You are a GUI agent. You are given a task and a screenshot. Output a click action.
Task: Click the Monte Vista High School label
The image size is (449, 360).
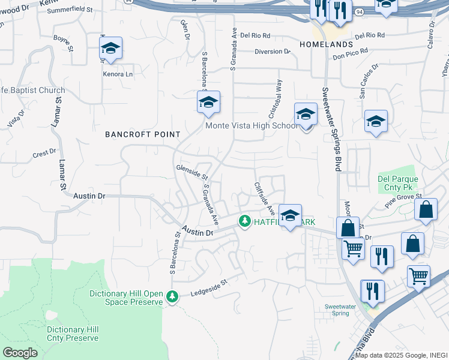tap(252, 125)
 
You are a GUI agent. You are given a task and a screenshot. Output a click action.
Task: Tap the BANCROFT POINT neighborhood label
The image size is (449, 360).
tap(143, 134)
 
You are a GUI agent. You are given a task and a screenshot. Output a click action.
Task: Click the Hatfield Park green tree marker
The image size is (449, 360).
tap(245, 221)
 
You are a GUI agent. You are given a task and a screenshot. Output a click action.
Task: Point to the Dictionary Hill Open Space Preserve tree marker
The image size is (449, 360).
tap(172, 296)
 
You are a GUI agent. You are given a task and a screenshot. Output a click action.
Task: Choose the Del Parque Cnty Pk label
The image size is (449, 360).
tap(397, 184)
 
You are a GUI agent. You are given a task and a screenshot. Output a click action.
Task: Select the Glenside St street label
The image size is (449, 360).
tap(191, 172)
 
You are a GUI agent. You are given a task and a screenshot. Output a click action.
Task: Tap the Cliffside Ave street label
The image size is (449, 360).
tap(264, 199)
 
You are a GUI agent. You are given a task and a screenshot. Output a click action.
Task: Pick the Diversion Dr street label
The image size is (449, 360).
tap(272, 52)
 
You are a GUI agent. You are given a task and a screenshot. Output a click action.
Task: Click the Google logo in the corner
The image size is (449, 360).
tap(20, 353)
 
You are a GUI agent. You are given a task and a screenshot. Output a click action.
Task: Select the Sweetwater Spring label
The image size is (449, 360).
tap(340, 310)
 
